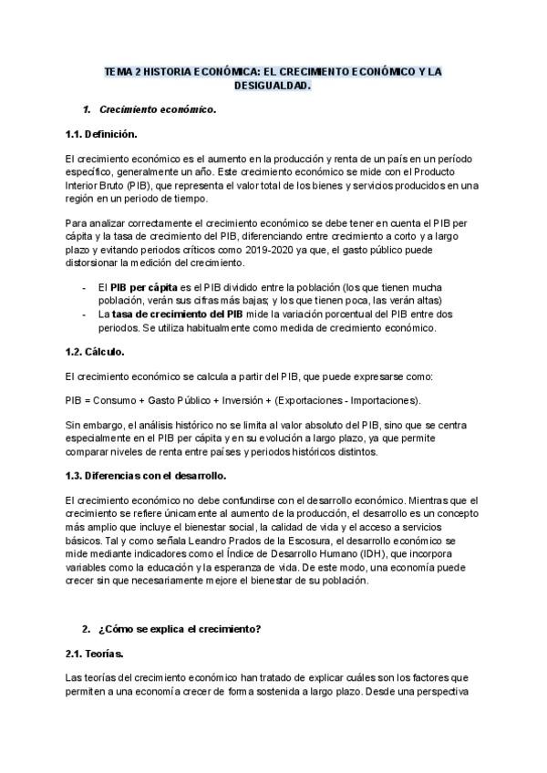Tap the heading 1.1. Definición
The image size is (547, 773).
(x=101, y=135)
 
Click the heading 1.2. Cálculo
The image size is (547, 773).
(x=95, y=351)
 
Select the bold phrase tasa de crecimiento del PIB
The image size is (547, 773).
(x=176, y=314)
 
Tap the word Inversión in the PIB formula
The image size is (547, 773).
(x=242, y=400)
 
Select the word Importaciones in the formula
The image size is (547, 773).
(x=384, y=400)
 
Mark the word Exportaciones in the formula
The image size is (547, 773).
(x=312, y=400)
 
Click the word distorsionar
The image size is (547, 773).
(x=95, y=263)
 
